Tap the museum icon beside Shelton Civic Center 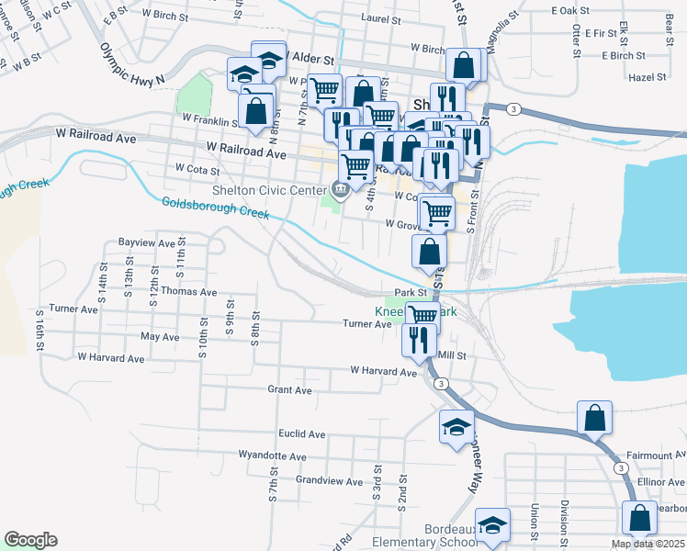[341, 190]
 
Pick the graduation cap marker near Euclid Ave [456, 427]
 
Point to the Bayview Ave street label [146, 243]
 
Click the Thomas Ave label [188, 291]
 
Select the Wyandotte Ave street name [272, 455]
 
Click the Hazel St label [648, 78]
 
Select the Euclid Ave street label [302, 433]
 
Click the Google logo [30, 540]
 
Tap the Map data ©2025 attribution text [648, 545]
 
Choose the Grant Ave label [289, 389]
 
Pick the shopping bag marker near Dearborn [638, 519]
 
